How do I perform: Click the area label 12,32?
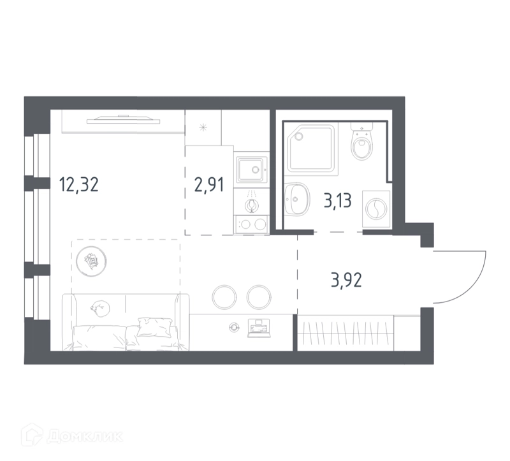(78, 184)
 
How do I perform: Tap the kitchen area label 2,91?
(209, 185)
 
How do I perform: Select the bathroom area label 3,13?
(338, 201)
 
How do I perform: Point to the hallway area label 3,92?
(346, 280)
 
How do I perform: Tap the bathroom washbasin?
(296, 199)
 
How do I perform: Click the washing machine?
(376, 209)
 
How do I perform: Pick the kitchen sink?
(251, 170)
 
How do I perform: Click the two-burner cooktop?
(251, 224)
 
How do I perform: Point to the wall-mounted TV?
(124, 120)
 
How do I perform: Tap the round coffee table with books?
(91, 261)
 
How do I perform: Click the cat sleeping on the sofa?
(101, 307)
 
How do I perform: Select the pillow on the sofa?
(155, 326)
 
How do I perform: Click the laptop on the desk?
(259, 328)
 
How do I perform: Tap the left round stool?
(224, 297)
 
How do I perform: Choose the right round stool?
(259, 297)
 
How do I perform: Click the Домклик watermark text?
(84, 437)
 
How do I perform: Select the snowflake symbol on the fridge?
(203, 128)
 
